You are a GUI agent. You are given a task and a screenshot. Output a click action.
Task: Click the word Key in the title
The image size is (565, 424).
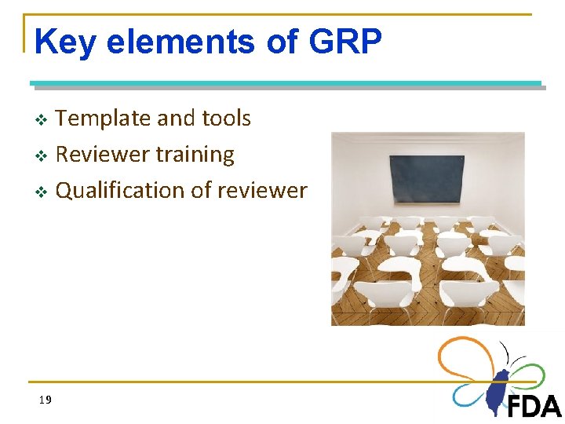point(65,42)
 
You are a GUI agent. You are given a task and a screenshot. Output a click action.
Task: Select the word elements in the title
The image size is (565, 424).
point(181,42)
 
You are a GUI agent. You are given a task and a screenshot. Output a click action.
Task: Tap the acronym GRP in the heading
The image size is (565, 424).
point(345,42)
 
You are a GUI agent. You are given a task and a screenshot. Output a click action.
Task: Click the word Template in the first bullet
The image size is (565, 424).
point(104,119)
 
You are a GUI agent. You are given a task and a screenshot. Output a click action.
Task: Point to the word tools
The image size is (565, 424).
point(225,119)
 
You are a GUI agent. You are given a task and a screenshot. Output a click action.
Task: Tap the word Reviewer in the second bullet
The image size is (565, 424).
point(101,155)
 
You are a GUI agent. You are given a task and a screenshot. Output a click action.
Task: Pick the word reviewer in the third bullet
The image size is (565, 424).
point(264,191)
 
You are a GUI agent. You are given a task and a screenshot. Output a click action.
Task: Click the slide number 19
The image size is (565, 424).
point(45,400)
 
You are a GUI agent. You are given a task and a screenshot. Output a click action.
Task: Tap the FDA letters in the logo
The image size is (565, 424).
point(534,406)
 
